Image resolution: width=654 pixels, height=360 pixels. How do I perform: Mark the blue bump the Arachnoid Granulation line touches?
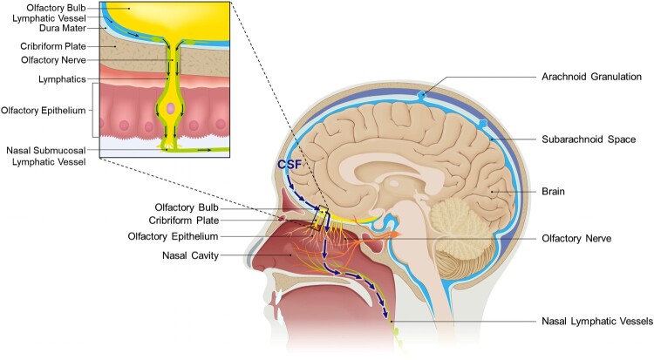coord(423,94)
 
